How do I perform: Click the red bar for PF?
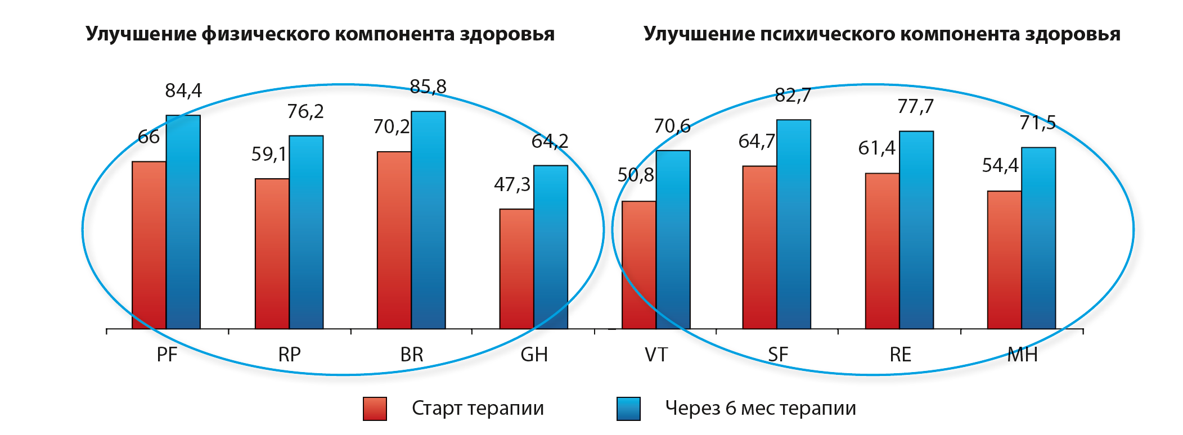pyautogui.click(x=149, y=245)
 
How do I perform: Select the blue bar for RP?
pyautogui.click(x=306, y=232)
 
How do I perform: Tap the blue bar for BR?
pyautogui.click(x=428, y=220)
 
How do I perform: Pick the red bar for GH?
pyautogui.click(x=516, y=269)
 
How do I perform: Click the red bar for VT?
pyautogui.click(x=639, y=265)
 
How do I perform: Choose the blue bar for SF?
pyautogui.click(x=794, y=224)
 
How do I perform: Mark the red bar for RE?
pyautogui.click(x=882, y=251)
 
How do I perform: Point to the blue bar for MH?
pyautogui.click(x=1038, y=238)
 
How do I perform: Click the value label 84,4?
pyautogui.click(x=183, y=90)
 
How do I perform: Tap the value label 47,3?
pyautogui.click(x=512, y=184)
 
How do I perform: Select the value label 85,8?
pyautogui.click(x=428, y=87)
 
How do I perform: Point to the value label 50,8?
pyautogui.click(x=636, y=175)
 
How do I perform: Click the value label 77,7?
pyautogui.click(x=916, y=106)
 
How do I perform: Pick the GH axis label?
pyautogui.click(x=534, y=355)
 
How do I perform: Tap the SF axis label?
pyautogui.click(x=778, y=355)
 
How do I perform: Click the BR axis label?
pyautogui.click(x=412, y=355)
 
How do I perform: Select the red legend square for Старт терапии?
pyautogui.click(x=375, y=409)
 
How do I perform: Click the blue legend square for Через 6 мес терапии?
pyautogui.click(x=628, y=409)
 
